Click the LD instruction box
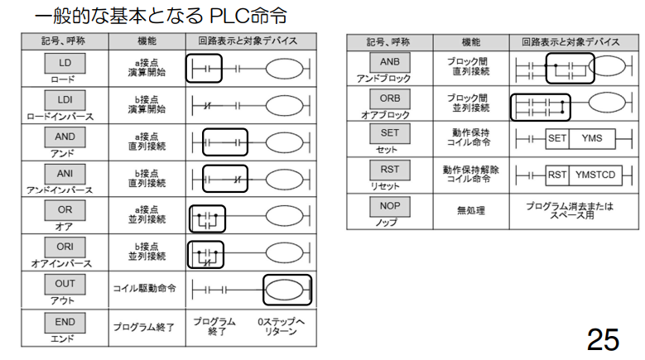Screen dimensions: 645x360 point(65,63)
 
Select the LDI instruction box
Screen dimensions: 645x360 point(65,100)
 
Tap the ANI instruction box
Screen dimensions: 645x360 point(65,174)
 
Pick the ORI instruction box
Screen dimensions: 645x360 point(65,247)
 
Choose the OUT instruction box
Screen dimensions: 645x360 point(65,284)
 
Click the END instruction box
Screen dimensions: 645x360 point(65,323)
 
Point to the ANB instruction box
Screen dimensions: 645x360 point(390,62)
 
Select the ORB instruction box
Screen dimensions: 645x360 point(390,98)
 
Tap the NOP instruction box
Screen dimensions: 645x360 point(390,206)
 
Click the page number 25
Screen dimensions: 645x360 point(603,340)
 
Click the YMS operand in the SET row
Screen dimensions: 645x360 point(592,138)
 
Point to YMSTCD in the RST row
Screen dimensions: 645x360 point(595,175)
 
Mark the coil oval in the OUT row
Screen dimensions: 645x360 point(284,290)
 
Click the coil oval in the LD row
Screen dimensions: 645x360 point(284,69)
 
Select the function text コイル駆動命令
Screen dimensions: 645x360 point(144,289)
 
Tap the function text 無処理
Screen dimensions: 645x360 point(471,211)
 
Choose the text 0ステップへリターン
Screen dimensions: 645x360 point(281,326)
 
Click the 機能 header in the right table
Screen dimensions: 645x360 point(471,42)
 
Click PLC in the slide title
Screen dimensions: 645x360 point(230,16)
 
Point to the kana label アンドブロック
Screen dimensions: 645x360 point(384,79)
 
